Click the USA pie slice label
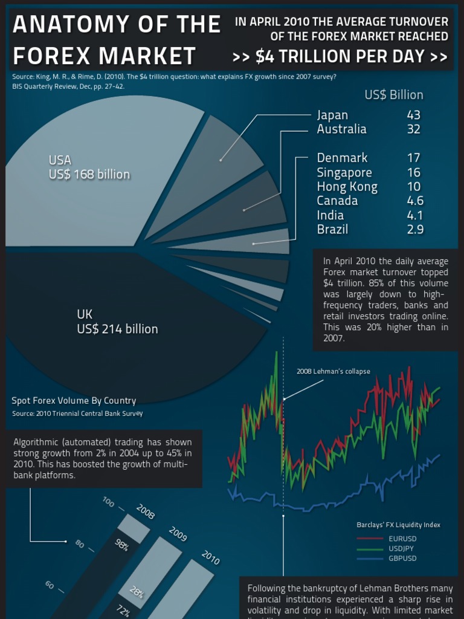pos(89,167)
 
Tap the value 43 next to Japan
pos(413,115)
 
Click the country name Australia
pos(341,129)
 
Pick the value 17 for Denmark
pos(413,158)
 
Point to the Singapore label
pos(344,172)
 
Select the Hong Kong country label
pos(347,187)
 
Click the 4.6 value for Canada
pos(415,201)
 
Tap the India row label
pos(330,215)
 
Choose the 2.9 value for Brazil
pos(415,229)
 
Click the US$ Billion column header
pos(394,95)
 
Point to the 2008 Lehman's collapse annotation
pos(333,371)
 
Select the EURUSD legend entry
pos(402,539)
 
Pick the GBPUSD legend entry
pos(402,558)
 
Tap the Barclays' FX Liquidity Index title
pos(398,525)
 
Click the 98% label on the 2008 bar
pos(122,546)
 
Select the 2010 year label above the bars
pos(210,557)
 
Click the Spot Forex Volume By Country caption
pos(74,401)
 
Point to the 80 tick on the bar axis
pos(80,544)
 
